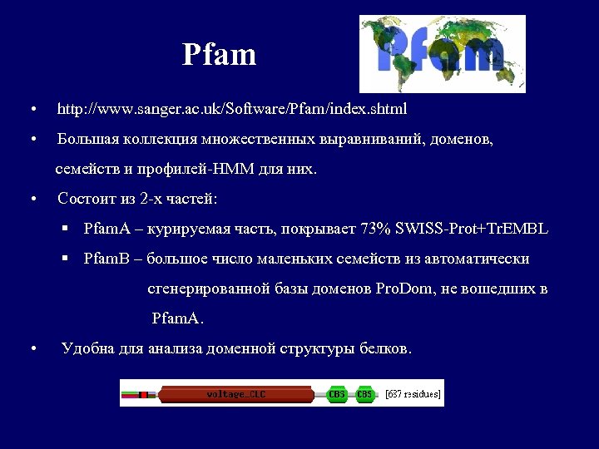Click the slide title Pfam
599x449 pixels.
(x=220, y=56)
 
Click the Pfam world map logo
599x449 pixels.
(x=442, y=53)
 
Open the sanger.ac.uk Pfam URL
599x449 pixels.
(x=231, y=109)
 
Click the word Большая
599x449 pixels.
(x=87, y=140)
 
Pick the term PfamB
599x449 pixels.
(x=105, y=259)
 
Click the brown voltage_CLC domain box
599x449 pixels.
(x=236, y=394)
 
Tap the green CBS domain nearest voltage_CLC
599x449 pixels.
(x=337, y=394)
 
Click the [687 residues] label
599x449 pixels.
(x=413, y=394)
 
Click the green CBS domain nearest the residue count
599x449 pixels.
(x=364, y=394)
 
